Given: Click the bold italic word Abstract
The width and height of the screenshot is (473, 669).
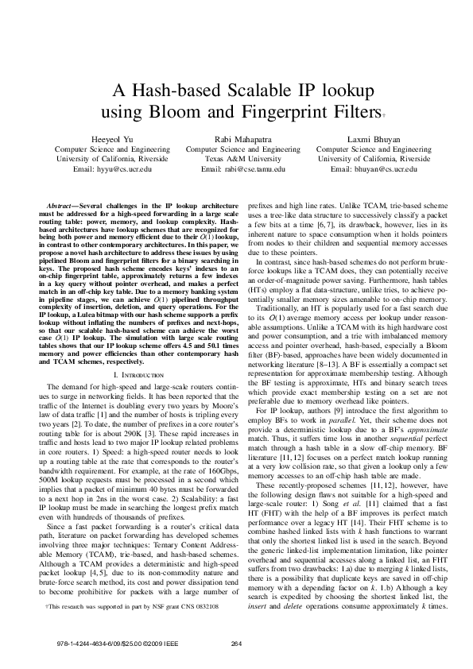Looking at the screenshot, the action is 62,205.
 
